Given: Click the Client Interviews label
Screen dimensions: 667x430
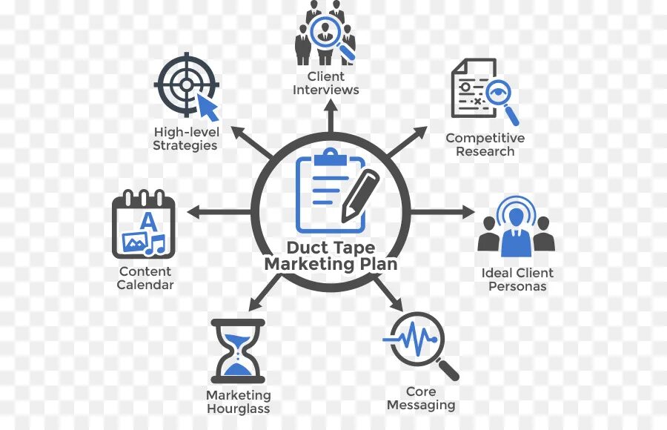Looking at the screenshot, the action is (325, 83).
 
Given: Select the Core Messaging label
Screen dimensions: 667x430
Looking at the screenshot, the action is (420, 398).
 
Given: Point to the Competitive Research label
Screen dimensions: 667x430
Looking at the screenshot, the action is (485, 145).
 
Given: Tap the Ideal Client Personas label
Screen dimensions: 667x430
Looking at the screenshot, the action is (517, 279).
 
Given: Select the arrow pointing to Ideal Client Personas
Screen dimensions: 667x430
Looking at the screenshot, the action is (445, 211).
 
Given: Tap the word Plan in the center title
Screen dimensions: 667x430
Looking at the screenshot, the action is (376, 264).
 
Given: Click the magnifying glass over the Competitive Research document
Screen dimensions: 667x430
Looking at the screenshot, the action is (497, 99).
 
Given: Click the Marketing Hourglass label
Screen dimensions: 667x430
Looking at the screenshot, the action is (238, 402).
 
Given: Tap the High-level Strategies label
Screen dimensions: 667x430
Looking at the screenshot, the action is (185, 139).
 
